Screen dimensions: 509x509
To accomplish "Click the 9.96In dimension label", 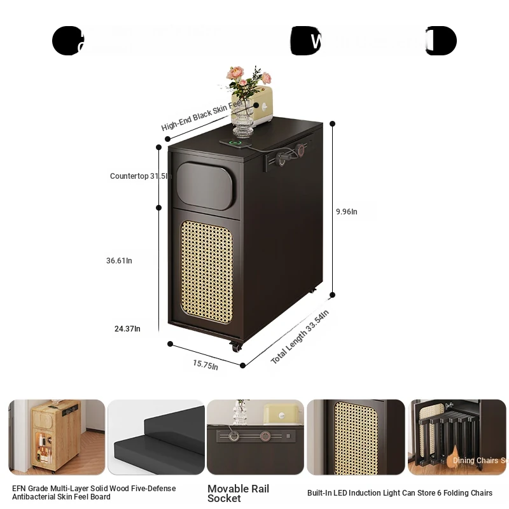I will (346, 212).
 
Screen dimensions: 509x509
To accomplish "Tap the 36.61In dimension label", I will (119, 260).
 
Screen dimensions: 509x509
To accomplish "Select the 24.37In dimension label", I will (127, 329).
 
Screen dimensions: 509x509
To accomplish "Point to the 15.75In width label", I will (206, 365).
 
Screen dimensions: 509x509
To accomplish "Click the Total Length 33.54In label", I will (300, 337).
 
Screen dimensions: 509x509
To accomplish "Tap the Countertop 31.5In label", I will (141, 176).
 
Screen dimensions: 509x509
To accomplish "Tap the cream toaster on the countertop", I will (261, 104).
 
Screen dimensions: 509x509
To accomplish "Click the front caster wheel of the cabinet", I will (237, 347).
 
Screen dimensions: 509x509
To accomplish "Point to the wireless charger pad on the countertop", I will (236, 143).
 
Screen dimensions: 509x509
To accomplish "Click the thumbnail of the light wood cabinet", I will (57, 437).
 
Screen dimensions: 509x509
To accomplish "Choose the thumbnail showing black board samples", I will (156, 437).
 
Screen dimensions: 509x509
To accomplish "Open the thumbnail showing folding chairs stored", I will (457, 437).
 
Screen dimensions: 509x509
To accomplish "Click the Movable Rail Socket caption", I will (238, 493).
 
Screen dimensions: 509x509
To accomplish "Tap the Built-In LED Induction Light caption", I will (400, 493).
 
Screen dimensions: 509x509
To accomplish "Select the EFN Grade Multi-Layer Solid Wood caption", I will (94, 492).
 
